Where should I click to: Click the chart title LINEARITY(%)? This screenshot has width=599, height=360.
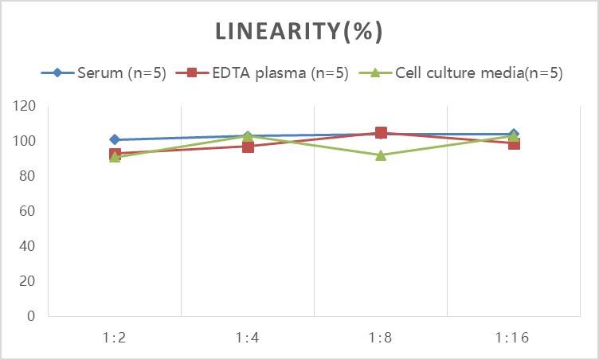(299, 32)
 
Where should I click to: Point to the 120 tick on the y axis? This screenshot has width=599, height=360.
(25, 106)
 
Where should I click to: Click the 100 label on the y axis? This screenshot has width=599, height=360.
(25, 141)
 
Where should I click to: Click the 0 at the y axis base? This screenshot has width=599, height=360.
(31, 316)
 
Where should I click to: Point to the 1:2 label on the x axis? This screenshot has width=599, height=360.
(115, 338)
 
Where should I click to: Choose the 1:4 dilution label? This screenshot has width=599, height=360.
(248, 338)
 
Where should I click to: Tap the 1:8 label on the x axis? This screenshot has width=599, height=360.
(381, 338)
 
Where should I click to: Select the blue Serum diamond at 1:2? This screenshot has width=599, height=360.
(115, 140)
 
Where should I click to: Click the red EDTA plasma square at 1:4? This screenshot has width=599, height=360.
(248, 147)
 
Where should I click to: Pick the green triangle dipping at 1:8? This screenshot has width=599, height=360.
(381, 155)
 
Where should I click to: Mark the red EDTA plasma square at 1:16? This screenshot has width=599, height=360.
(514, 144)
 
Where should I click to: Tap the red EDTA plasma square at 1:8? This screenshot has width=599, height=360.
(381, 133)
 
